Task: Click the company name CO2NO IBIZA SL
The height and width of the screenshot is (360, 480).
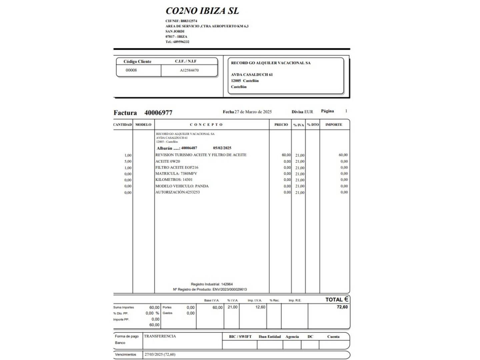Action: click(x=202, y=11)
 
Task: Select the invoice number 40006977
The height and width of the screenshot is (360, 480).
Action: click(x=158, y=113)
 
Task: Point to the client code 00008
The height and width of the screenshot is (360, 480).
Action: click(x=131, y=70)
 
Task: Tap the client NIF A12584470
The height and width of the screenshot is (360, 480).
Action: click(x=189, y=70)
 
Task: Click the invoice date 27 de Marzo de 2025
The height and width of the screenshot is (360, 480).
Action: click(x=253, y=112)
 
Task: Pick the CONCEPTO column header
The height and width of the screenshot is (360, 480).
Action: click(x=206, y=125)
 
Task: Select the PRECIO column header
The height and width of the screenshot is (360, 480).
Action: click(x=281, y=125)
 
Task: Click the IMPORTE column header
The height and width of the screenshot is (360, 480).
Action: click(x=334, y=125)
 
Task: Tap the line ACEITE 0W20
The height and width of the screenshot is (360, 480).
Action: click(x=168, y=161)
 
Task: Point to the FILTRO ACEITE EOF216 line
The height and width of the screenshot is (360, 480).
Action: click(x=177, y=168)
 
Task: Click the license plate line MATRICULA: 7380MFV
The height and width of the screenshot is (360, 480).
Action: click(x=176, y=174)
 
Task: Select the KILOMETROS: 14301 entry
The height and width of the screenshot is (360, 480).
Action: click(x=174, y=180)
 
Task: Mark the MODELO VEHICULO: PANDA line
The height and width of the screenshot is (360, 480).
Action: click(x=182, y=186)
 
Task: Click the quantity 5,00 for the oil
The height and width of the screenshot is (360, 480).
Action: click(x=128, y=162)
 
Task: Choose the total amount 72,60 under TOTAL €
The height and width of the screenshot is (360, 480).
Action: click(x=342, y=307)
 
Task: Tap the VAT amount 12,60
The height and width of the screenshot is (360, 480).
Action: click(x=260, y=307)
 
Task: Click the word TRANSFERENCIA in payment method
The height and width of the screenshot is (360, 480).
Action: click(x=160, y=336)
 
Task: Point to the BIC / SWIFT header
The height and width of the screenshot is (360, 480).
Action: click(x=240, y=337)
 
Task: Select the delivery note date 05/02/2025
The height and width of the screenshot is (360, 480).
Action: click(x=222, y=148)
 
